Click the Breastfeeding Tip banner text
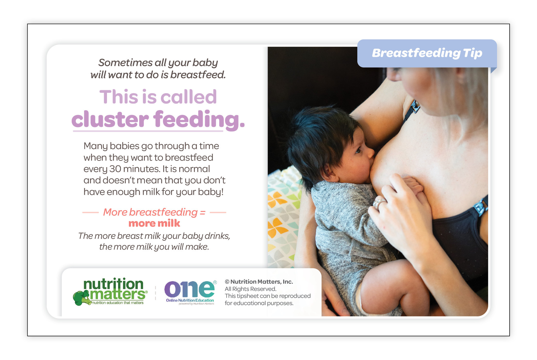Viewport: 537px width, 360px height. click(427, 53)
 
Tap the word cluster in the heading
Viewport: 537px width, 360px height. click(110, 119)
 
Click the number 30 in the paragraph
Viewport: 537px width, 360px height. click(115, 169)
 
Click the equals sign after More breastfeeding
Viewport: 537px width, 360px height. click(203, 212)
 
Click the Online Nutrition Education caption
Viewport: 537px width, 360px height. click(190, 300)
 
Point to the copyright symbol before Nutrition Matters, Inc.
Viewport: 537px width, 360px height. click(227, 282)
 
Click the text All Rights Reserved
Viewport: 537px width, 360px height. click(250, 289)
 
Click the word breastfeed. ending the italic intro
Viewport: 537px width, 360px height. click(198, 75)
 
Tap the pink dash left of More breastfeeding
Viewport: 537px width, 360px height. click(90, 212)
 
